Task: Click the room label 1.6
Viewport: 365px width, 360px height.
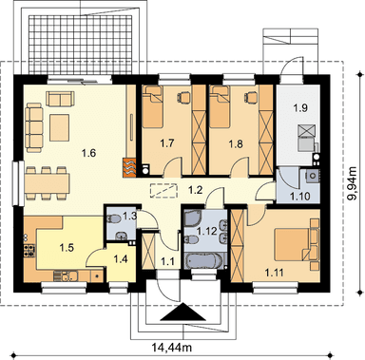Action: (x=88, y=153)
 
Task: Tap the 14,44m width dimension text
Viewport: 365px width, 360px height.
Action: (x=171, y=348)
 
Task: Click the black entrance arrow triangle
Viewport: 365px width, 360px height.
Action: (x=182, y=313)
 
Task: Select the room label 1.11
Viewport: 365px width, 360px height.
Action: (x=274, y=272)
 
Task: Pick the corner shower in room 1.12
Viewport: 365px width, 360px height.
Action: (x=194, y=220)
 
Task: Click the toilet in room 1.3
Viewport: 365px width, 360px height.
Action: (x=114, y=218)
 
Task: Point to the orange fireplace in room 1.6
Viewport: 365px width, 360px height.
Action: (x=129, y=167)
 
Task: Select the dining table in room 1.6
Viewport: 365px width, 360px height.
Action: (x=47, y=184)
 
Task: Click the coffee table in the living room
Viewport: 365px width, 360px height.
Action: (x=60, y=127)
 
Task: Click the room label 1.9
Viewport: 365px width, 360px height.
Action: (x=299, y=108)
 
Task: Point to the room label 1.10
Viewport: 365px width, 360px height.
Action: (x=299, y=197)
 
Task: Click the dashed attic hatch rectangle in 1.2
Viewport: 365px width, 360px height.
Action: (x=163, y=191)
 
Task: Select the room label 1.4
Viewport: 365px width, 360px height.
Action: (x=121, y=259)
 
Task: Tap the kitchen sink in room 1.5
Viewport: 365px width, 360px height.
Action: (x=66, y=276)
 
